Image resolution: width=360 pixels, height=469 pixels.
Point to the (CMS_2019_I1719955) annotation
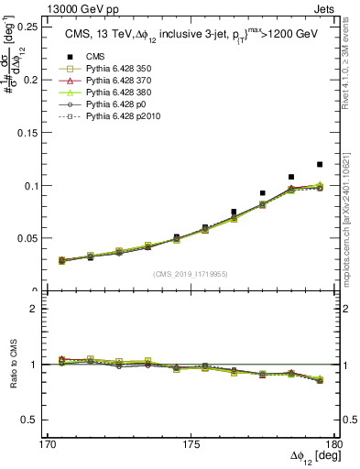pos(190,274)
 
